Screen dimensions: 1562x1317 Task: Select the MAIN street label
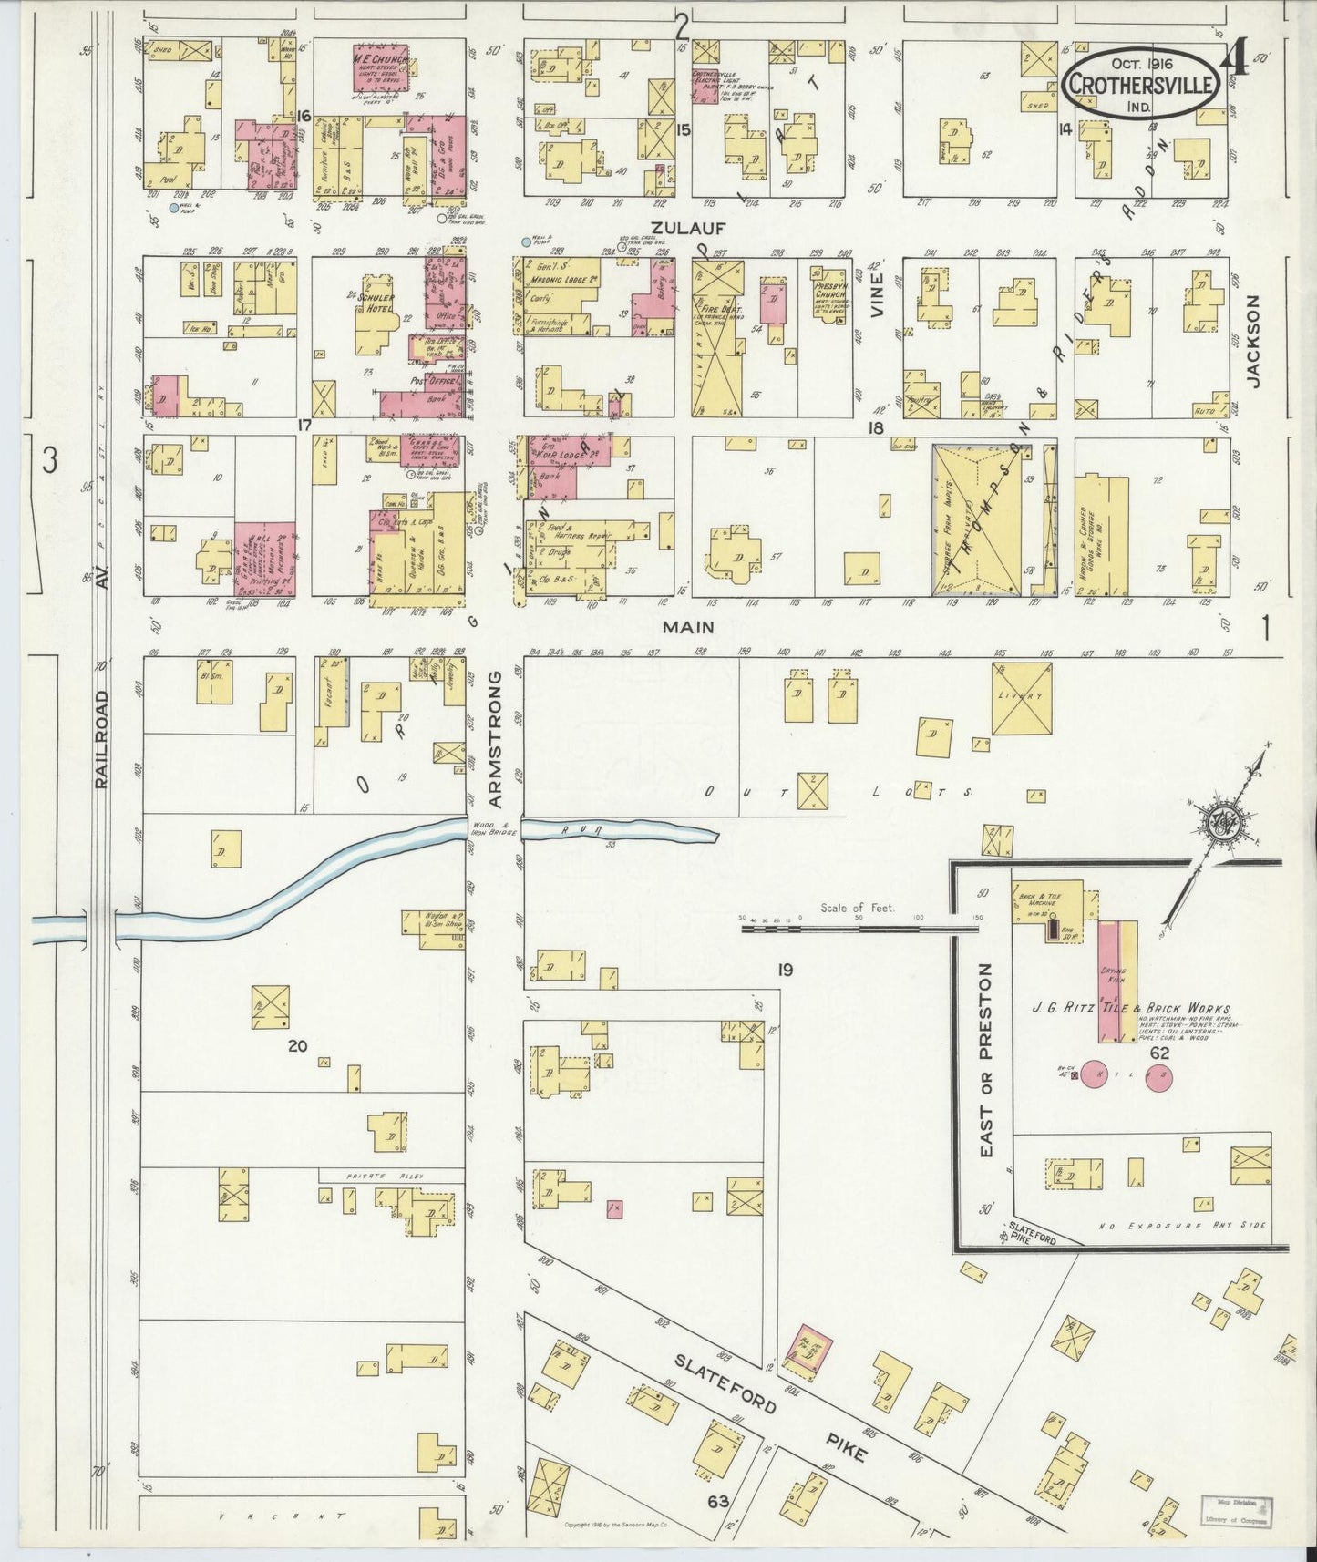tap(688, 627)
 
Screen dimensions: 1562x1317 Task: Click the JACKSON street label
tap(1253, 342)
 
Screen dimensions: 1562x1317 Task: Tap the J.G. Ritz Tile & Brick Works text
tap(1130, 1009)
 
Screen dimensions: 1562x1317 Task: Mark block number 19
tap(784, 970)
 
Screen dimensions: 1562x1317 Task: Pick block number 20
tap(296, 1046)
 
